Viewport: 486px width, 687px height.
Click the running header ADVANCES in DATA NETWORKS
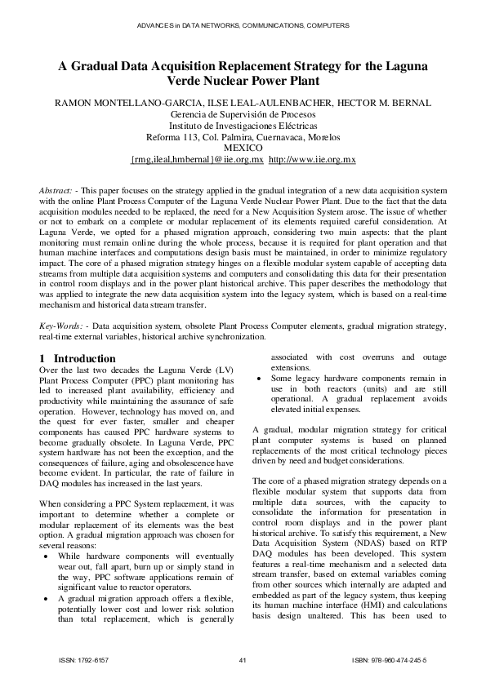point(243,26)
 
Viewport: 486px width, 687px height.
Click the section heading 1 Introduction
point(78,358)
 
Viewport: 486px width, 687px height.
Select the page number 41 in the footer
point(243,660)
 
